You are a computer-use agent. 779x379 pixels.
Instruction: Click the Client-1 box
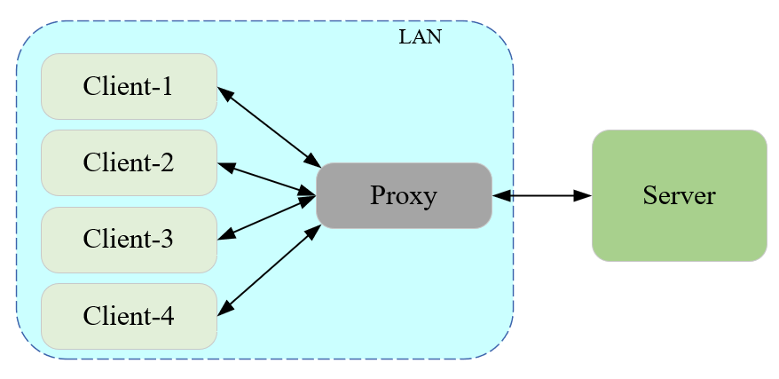[129, 86]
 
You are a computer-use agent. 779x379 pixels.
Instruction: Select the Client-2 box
[129, 162]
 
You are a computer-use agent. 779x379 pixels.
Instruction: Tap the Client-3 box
[129, 240]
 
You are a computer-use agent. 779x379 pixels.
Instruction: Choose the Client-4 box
[129, 316]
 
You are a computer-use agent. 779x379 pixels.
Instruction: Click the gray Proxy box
[404, 195]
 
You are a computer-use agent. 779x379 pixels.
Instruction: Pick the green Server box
[679, 195]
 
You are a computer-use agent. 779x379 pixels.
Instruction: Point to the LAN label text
[420, 37]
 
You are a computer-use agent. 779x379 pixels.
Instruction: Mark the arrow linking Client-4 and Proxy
[269, 269]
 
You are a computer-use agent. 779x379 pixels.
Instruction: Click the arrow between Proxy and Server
[541, 195]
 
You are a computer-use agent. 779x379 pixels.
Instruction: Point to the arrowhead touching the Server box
[583, 195]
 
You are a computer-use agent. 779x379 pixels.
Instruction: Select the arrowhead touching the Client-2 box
[225, 167]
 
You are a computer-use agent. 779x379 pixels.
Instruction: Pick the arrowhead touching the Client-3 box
[225, 235]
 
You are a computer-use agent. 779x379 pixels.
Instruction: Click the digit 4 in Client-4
[167, 316]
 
